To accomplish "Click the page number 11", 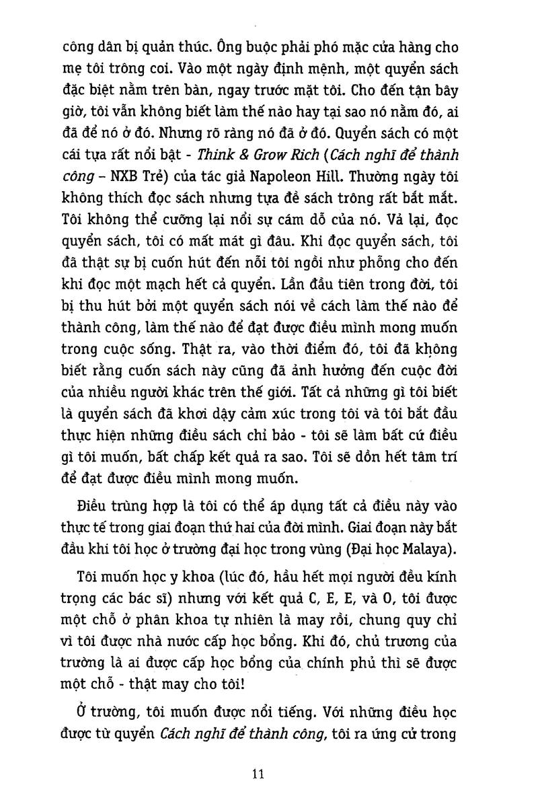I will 258,774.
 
